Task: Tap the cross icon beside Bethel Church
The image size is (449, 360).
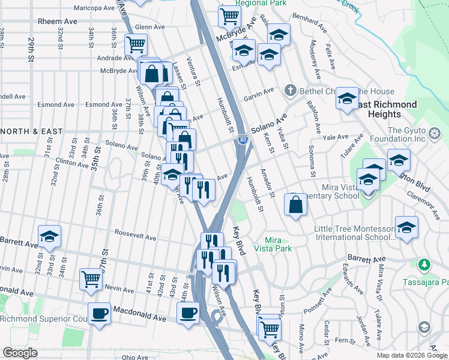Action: [290, 91]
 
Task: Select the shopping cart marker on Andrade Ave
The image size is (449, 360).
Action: [136, 44]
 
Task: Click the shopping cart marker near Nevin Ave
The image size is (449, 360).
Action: [91, 278]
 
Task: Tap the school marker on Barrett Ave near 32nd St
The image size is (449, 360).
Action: [49, 235]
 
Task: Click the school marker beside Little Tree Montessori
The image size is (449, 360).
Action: [406, 227]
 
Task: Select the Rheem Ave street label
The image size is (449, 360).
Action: [58, 21]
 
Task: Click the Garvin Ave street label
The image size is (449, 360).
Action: [258, 95]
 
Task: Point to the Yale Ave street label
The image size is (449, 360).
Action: [336, 137]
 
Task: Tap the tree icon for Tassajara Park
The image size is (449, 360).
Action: [424, 265]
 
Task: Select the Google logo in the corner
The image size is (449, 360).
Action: [20, 353]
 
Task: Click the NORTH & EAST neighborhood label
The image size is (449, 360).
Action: [26, 131]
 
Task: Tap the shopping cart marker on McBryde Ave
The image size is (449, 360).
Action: [229, 16]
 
